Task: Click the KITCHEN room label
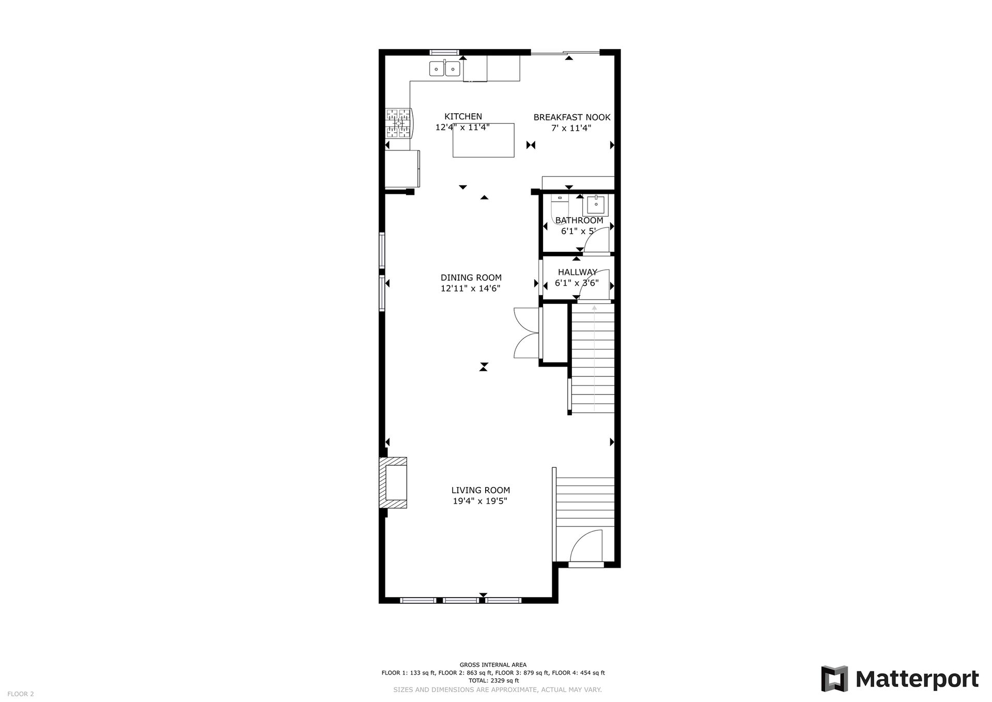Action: (463, 117)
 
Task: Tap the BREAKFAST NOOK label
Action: (572, 117)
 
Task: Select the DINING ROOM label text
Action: (471, 278)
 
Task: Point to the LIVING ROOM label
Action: (481, 490)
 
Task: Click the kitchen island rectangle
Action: (484, 140)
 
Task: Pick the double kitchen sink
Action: (444, 68)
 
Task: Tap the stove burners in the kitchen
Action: (398, 123)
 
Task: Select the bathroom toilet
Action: (560, 208)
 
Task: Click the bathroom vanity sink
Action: (596, 205)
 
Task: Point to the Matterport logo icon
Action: (834, 679)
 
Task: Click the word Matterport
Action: (917, 679)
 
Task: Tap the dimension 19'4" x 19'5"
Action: (480, 501)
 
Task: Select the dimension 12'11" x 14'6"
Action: (470, 288)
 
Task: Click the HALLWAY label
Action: (577, 272)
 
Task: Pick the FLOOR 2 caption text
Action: (21, 694)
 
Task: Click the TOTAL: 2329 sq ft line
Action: (493, 680)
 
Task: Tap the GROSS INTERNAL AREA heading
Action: (493, 665)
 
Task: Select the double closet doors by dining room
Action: (525, 332)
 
